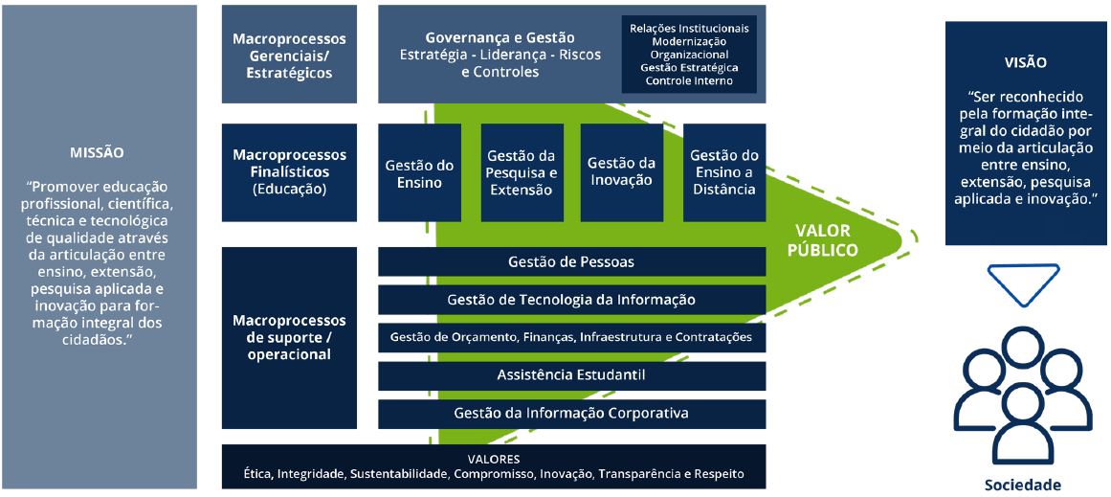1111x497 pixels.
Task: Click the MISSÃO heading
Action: [97, 152]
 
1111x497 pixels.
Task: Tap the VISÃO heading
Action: [1025, 62]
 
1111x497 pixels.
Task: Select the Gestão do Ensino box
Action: [419, 173]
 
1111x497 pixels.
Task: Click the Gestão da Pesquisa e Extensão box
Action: [521, 173]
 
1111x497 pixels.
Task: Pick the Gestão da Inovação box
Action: [621, 173]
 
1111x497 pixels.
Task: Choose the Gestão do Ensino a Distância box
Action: [724, 173]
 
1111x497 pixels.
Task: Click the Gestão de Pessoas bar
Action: [571, 261]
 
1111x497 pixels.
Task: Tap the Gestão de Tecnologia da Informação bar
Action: [571, 300]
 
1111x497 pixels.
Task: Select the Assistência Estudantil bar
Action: [571, 374]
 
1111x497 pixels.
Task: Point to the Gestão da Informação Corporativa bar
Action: [571, 414]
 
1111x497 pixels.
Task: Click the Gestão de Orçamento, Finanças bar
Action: [571, 337]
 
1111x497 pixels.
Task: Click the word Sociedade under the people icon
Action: [1022, 485]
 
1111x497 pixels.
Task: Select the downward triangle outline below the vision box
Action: [1024, 282]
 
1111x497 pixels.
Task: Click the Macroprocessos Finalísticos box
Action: [289, 172]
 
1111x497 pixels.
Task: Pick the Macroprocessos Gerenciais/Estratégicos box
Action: [289, 54]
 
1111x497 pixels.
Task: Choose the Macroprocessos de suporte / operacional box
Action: [289, 337]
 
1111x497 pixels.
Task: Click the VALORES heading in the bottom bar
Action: [493, 459]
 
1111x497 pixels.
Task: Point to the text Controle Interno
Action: [689, 81]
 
